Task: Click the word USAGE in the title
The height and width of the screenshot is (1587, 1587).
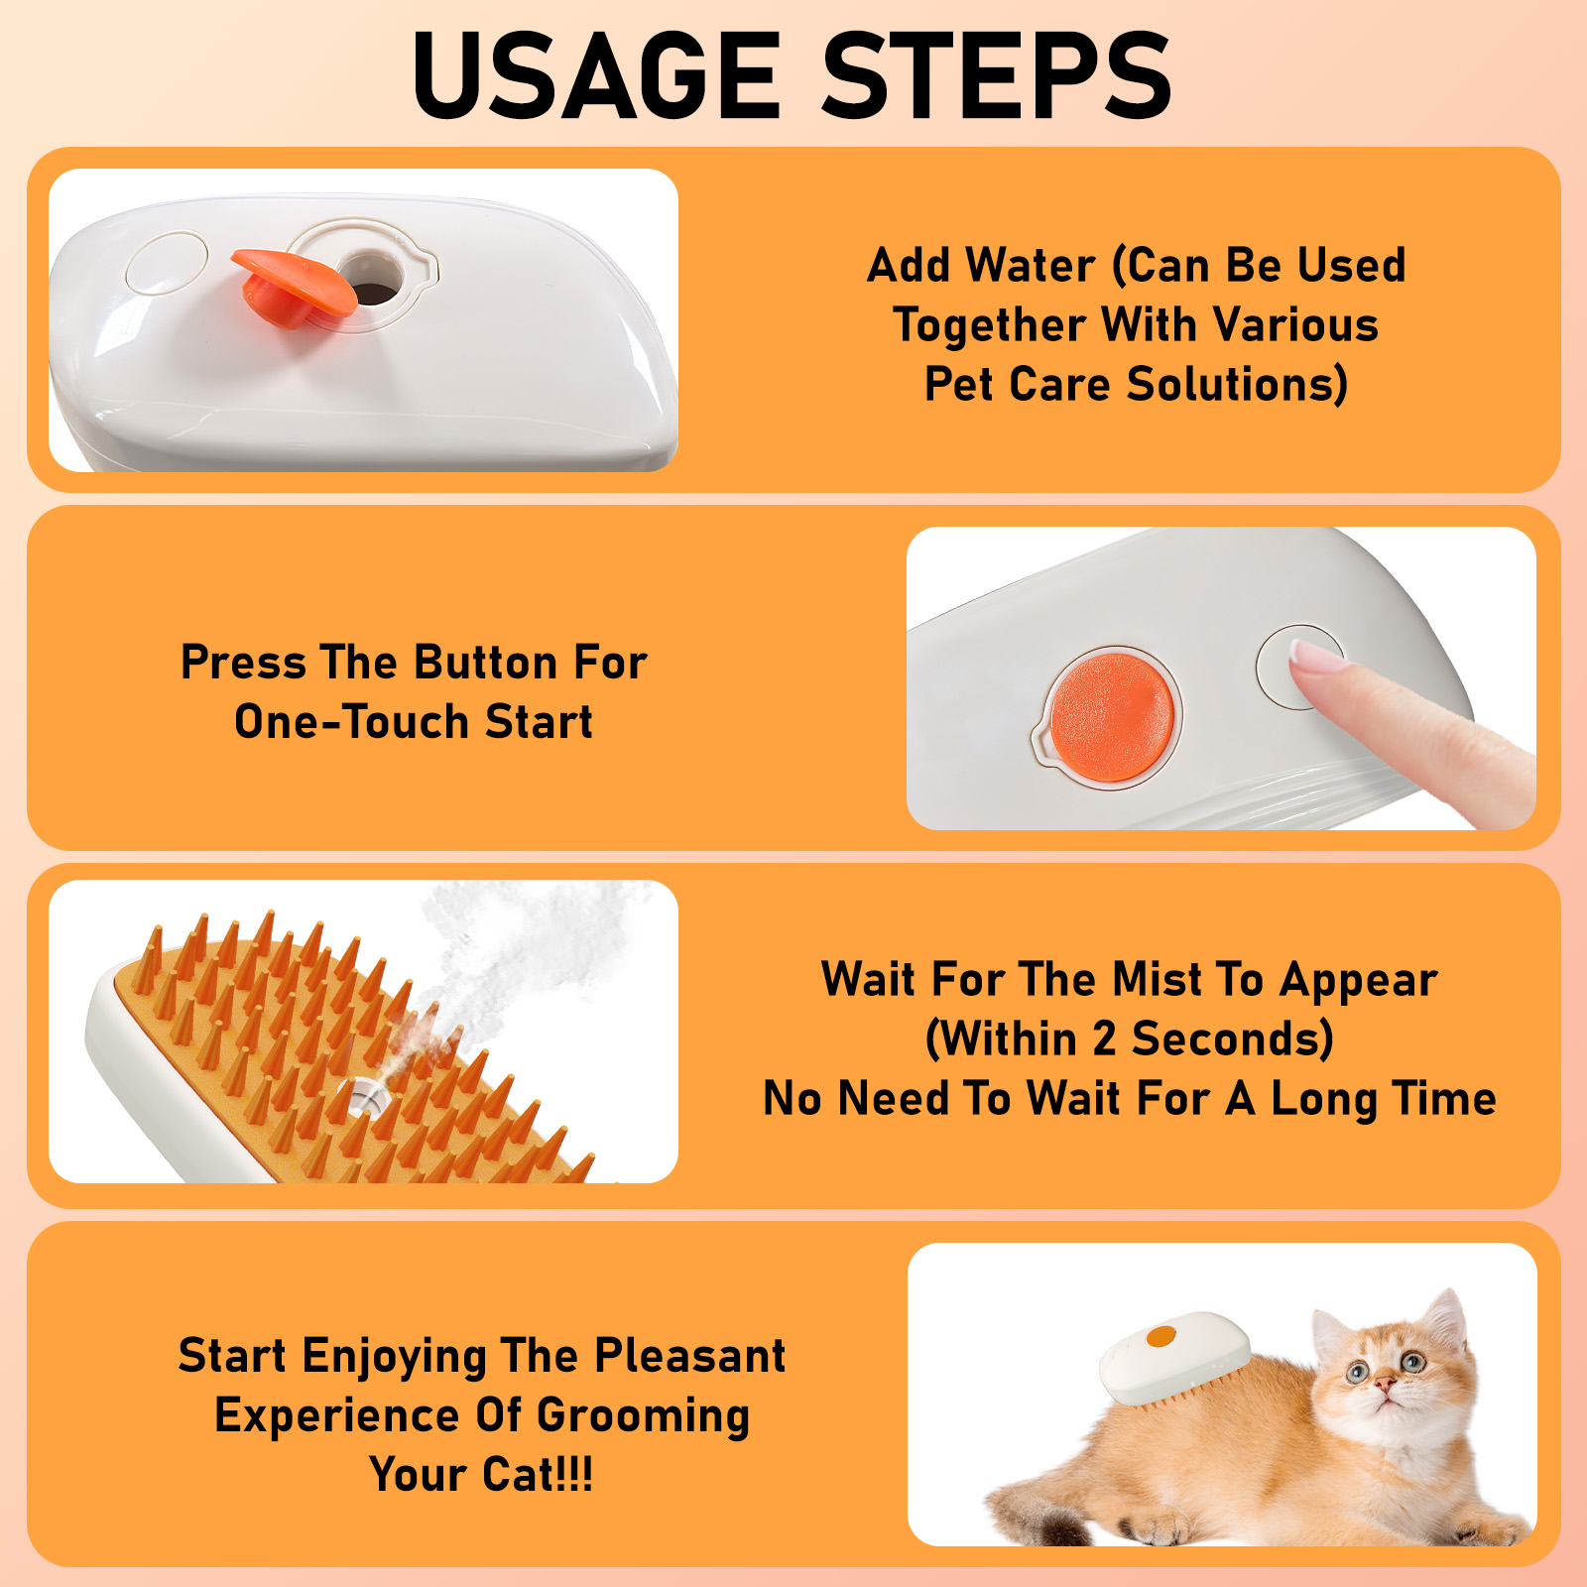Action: click(596, 75)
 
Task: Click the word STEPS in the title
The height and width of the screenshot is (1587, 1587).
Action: click(996, 75)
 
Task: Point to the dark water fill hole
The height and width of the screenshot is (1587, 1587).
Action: click(373, 293)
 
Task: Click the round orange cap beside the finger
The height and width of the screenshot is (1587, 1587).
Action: click(1112, 716)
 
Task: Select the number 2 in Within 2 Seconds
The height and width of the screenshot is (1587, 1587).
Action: click(1104, 1039)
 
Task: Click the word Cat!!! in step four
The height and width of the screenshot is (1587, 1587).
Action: click(537, 1475)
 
